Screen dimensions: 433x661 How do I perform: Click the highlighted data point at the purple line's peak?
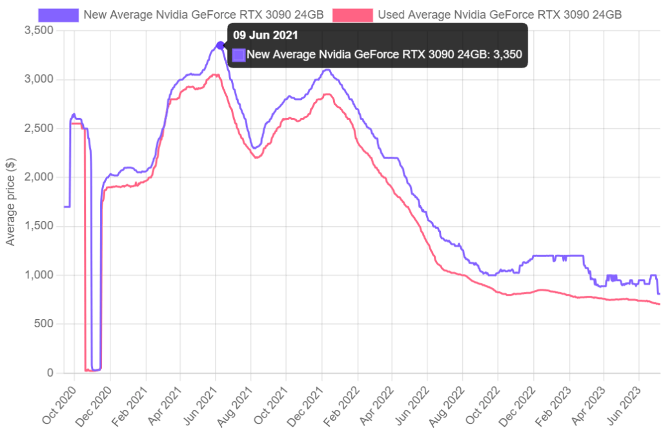(x=220, y=44)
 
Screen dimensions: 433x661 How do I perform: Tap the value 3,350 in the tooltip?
(x=508, y=55)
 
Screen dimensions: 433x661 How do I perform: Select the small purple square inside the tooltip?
(x=239, y=55)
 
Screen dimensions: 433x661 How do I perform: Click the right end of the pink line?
(x=659, y=304)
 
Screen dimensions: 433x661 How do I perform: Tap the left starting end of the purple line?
(x=65, y=207)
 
